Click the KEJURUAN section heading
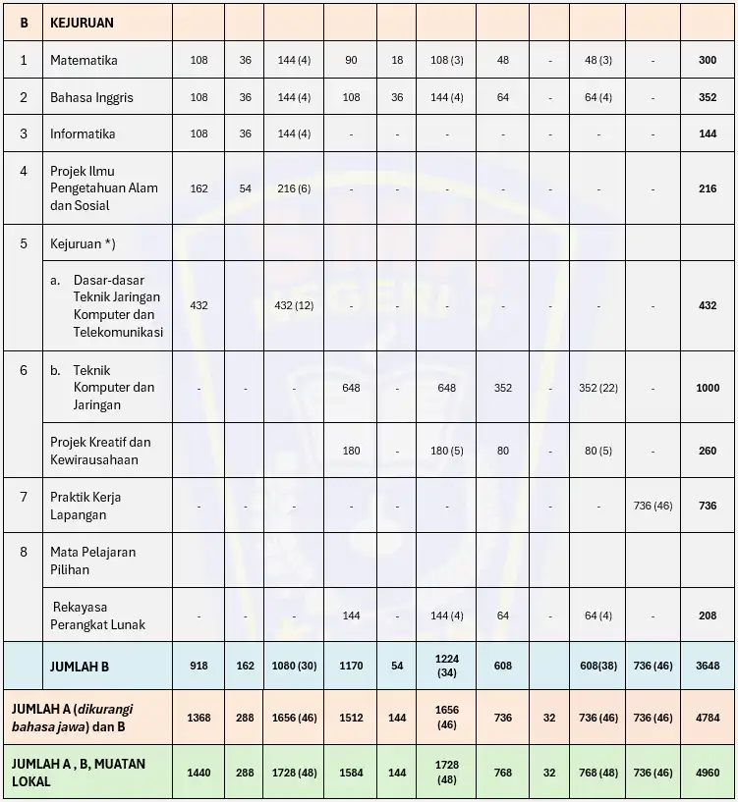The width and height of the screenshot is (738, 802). pos(82,22)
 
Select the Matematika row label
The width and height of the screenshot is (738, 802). pos(84,60)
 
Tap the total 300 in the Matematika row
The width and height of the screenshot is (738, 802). pos(708,60)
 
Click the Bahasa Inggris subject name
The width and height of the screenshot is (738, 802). pos(91,97)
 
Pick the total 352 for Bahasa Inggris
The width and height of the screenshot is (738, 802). pos(708,97)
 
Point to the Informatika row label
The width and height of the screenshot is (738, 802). pos(83,134)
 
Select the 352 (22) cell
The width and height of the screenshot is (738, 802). pos(597,388)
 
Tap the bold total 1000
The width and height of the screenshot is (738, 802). pos(708,388)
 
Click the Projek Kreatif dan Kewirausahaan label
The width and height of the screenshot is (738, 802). pos(100,451)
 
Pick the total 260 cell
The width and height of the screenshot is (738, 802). pos(708,452)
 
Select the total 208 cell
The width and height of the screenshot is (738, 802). pos(708,615)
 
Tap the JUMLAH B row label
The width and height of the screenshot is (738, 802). pos(80,667)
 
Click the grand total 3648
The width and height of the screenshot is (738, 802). pos(708,666)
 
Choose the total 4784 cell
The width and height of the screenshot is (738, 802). pos(708,718)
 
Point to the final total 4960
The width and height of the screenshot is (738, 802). pos(708,773)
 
